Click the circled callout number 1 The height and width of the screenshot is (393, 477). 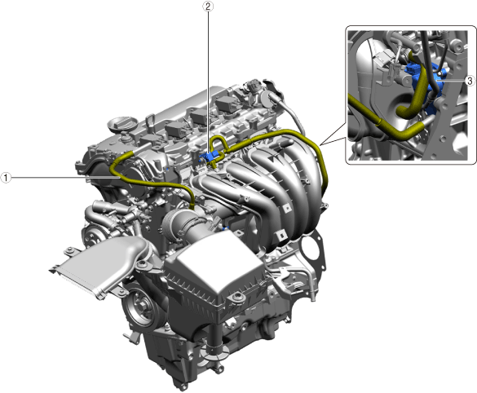(x=6, y=178)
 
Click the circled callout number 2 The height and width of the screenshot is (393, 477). (x=208, y=7)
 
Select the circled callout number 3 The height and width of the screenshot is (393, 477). (x=470, y=81)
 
